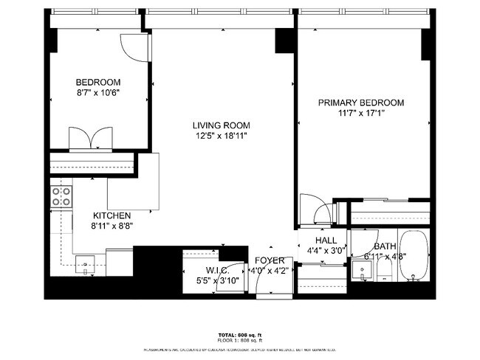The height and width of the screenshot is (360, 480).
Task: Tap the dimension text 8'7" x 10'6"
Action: tap(98, 93)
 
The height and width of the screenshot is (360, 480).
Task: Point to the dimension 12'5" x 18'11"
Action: tap(222, 136)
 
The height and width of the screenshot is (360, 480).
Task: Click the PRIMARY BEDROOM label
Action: tap(361, 103)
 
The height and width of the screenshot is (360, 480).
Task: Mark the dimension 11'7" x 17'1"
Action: tap(361, 114)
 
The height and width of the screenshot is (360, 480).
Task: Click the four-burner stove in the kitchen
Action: tap(61, 195)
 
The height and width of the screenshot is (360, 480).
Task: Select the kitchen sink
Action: tap(86, 263)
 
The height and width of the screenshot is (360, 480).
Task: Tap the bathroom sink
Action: tap(361, 269)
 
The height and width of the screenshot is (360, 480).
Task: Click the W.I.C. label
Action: tap(199, 271)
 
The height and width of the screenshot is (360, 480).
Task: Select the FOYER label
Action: tap(270, 261)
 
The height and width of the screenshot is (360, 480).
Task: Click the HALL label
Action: tap(325, 240)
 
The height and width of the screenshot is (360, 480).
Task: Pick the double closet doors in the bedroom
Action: tap(89, 139)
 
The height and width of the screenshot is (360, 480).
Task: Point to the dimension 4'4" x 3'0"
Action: tap(325, 251)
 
